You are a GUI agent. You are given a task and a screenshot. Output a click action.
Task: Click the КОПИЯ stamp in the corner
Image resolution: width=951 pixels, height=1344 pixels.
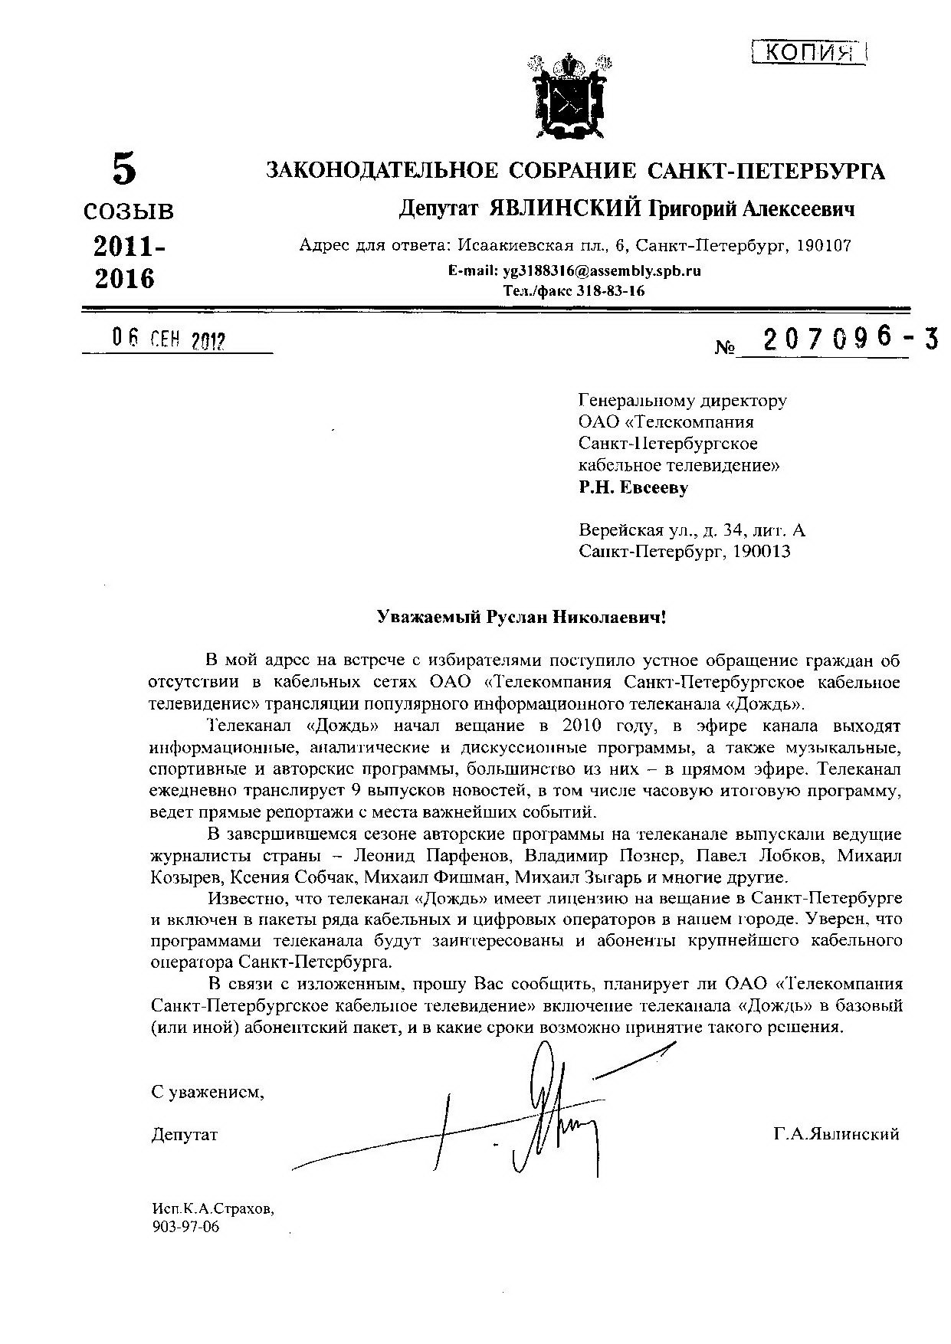click(810, 52)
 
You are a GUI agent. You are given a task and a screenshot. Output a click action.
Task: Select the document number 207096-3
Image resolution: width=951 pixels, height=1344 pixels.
click(840, 339)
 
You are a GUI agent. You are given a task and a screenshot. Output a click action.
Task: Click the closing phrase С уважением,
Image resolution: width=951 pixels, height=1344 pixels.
click(208, 1092)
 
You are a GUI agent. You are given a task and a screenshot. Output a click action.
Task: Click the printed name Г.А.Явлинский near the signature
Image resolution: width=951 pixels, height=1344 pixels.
click(836, 1135)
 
